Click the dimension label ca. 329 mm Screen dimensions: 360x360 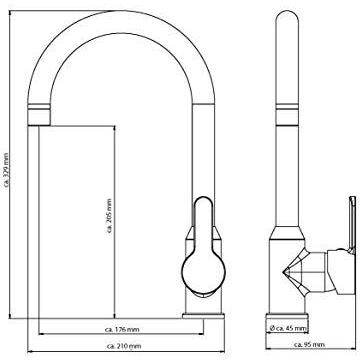tap(5, 170)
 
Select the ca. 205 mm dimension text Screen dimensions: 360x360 tap(110, 216)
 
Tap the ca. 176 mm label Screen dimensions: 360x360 tap(122, 329)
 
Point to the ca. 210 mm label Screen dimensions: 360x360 tap(124, 346)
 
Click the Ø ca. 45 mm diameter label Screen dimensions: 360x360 tap(287, 328)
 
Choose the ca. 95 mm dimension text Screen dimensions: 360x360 tap(309, 344)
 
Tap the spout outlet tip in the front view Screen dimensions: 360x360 tap(39, 125)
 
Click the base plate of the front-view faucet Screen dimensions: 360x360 tap(203, 316)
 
